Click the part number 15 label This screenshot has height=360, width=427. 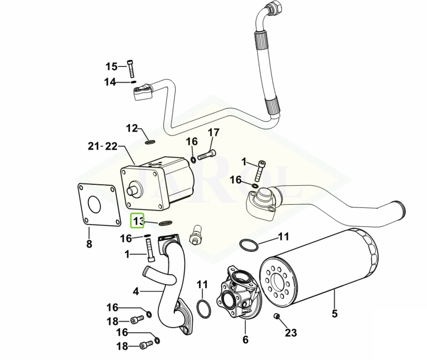112,66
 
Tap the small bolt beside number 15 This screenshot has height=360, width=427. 131,68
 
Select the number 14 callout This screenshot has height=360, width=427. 110,82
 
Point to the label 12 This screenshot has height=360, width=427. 132,128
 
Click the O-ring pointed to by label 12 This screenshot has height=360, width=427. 149,141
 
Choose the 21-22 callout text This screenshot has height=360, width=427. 103,146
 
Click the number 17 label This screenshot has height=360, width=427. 213,132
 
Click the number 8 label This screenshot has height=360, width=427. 89,244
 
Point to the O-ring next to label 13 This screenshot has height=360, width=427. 163,223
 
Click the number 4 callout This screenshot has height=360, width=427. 135,291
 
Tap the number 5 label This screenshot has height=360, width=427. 334,315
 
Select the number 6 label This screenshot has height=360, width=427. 245,339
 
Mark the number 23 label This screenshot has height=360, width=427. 291,333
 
